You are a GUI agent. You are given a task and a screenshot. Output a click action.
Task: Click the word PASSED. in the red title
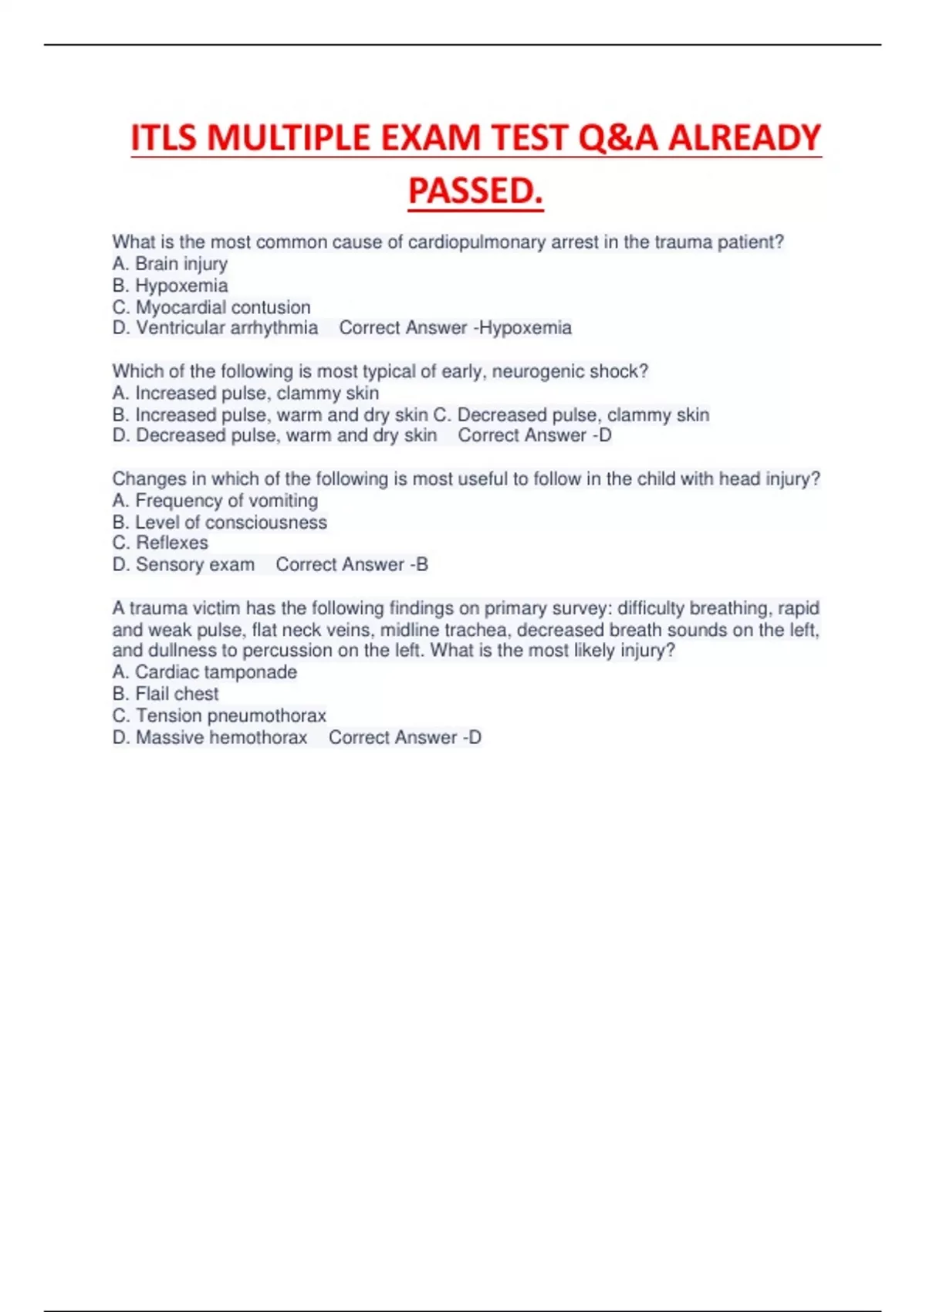click(475, 191)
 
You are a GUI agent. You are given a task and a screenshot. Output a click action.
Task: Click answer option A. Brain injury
click(170, 264)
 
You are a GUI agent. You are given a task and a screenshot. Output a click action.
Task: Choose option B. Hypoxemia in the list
click(170, 286)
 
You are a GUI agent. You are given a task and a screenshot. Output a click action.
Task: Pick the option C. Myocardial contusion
click(211, 307)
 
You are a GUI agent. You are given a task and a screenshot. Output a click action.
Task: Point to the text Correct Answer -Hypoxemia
click(455, 328)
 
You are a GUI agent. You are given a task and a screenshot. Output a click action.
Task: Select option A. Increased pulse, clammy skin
click(245, 393)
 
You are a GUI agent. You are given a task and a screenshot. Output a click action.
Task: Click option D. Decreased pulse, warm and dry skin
click(275, 435)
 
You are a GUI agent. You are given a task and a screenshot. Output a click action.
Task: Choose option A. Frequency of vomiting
click(215, 500)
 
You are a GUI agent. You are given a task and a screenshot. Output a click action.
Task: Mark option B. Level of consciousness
click(219, 522)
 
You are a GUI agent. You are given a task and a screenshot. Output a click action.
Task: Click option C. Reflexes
click(160, 543)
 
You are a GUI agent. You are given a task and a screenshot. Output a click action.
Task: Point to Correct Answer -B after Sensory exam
click(352, 565)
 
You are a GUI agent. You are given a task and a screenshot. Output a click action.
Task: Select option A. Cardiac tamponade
click(204, 672)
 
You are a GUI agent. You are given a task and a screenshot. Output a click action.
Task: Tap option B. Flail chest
click(165, 694)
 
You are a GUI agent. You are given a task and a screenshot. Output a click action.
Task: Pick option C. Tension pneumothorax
click(219, 715)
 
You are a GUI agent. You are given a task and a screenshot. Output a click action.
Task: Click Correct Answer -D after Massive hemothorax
click(405, 738)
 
